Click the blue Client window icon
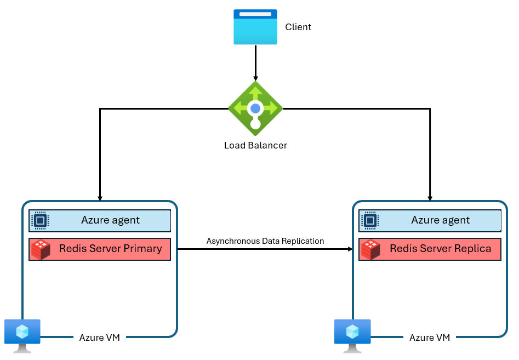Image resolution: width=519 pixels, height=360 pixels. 255,27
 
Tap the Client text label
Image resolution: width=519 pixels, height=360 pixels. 298,27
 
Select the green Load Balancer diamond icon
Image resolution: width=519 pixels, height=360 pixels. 255,108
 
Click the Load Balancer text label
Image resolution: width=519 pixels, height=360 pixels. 255,146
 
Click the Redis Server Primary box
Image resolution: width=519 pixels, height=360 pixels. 100,249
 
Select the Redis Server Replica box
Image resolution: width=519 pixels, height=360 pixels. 430,249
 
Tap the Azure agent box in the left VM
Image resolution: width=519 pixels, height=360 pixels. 100,220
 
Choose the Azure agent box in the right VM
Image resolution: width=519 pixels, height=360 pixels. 430,220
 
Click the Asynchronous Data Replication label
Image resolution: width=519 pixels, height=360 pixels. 265,241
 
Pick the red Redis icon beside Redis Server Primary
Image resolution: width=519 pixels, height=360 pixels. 41,249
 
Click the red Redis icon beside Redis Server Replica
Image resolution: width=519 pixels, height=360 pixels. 370,249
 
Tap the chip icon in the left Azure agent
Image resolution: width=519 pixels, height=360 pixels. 40,220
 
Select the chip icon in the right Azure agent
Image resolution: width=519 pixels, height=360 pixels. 370,220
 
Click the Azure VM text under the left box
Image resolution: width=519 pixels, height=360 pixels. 100,338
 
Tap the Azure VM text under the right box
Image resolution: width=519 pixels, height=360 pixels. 430,338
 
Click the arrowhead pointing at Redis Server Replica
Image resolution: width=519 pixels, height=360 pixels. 349,249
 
